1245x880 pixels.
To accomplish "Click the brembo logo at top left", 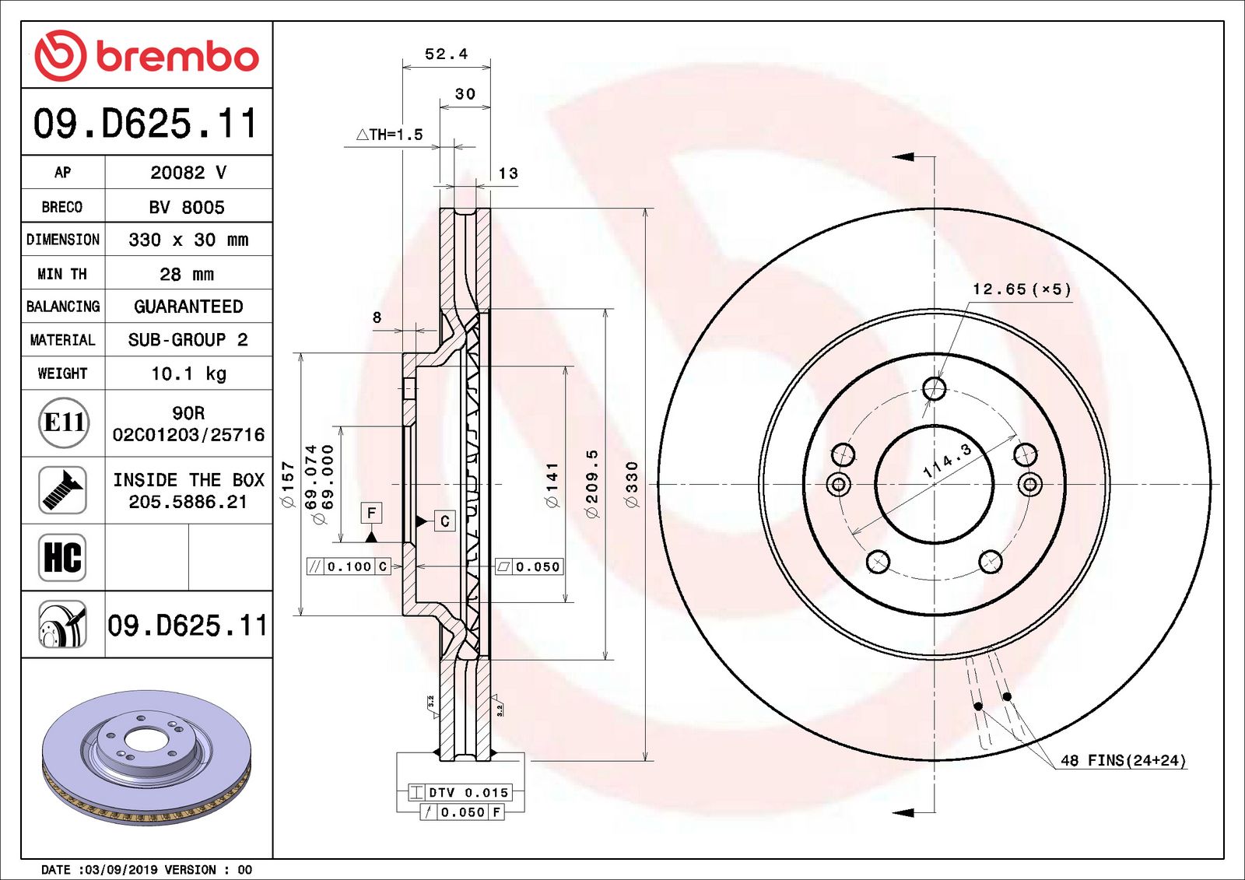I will tap(146, 56).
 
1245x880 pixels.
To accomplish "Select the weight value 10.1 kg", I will tap(188, 373).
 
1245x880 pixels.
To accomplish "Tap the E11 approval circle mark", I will tap(64, 422).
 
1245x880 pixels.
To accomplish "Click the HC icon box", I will tap(62, 557).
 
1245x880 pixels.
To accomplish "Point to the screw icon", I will tap(62, 489).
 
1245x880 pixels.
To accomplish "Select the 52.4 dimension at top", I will tap(446, 54).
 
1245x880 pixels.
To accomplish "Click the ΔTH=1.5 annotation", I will tap(390, 135).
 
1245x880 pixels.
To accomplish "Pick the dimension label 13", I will tap(508, 174).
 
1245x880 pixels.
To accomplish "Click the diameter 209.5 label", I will tap(592, 484).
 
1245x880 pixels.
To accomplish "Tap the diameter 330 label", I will tap(632, 485).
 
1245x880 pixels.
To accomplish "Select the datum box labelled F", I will tap(371, 513).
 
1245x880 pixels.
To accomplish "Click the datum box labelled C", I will tap(444, 521).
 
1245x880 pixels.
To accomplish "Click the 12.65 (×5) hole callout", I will tap(1022, 289).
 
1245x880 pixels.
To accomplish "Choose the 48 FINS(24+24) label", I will tap(1123, 760).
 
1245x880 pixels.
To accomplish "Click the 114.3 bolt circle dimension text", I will tap(947, 461).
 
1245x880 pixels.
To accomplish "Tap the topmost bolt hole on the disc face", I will tap(934, 388).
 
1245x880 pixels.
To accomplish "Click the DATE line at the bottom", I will tap(147, 869).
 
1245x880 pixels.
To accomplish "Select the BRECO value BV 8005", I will tap(187, 207).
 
